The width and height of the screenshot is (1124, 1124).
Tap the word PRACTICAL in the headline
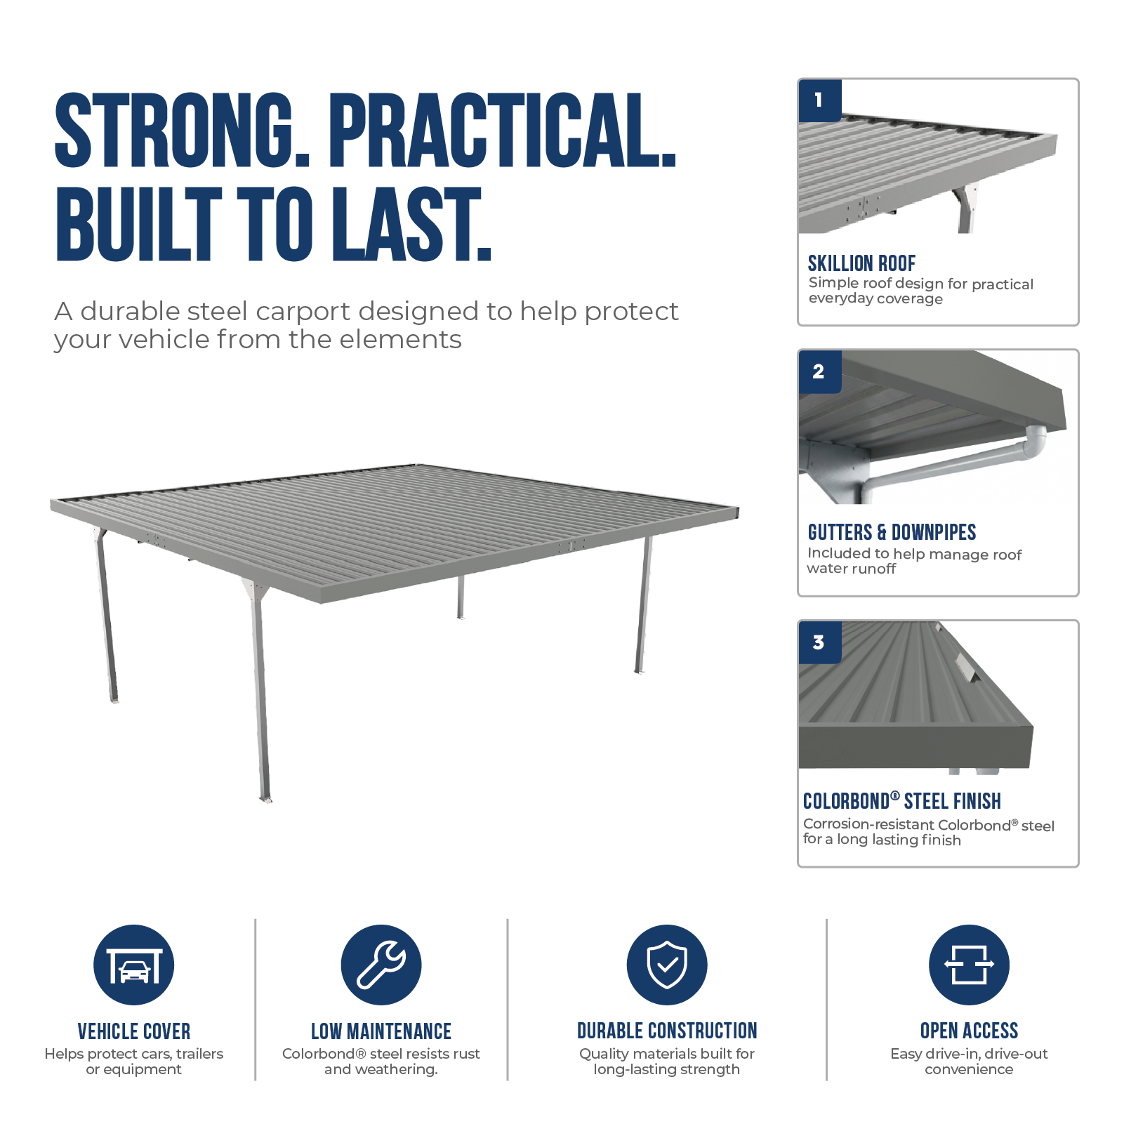coord(502,131)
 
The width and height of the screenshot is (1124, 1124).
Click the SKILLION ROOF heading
coord(861,263)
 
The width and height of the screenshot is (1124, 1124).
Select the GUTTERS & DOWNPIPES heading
coord(892,532)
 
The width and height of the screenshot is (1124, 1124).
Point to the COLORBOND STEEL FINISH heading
coord(902,801)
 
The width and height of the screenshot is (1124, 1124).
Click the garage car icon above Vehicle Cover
coord(134,965)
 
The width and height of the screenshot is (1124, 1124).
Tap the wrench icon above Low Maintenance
coord(381,965)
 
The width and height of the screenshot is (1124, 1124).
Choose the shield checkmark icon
coord(667,965)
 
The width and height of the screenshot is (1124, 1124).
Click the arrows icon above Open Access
coord(969,965)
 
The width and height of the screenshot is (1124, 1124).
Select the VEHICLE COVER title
coord(134,1031)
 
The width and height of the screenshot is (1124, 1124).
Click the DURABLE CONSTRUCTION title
coord(667,1031)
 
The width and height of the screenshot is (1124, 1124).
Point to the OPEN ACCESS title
coord(969,1031)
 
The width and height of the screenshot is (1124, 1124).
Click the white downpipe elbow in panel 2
coord(1035,442)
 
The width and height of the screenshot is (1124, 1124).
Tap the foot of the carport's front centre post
coord(265,798)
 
